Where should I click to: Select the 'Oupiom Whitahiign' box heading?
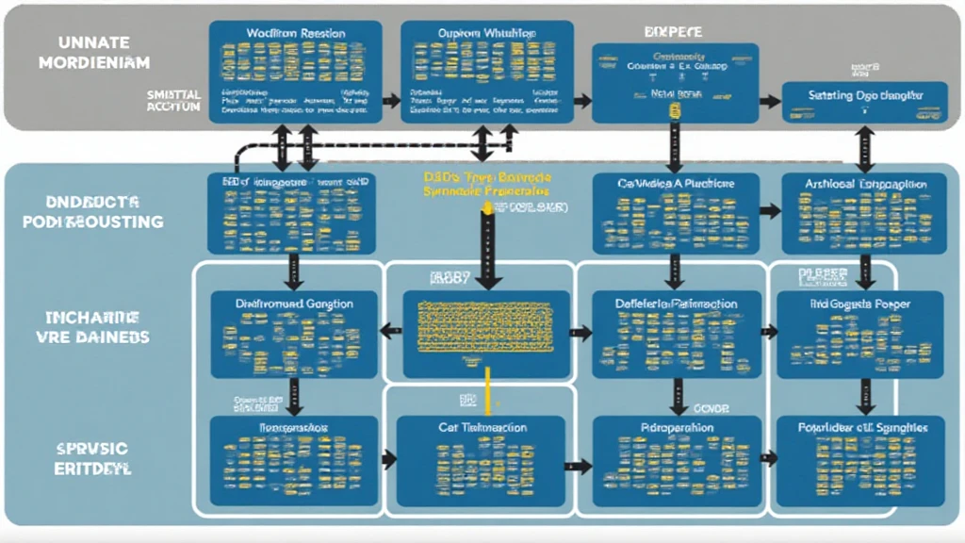coord(486,34)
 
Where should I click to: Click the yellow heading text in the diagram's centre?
coord(487,182)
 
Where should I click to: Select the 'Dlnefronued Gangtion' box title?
coord(294,304)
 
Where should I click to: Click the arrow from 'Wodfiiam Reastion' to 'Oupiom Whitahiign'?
coord(390,98)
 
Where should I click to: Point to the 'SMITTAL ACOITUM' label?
coord(173,101)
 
